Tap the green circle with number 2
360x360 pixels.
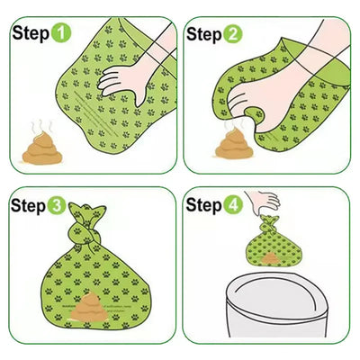(x=232, y=34)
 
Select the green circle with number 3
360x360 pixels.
(x=58, y=206)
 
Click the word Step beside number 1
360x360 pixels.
(x=29, y=34)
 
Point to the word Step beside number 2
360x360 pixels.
(x=203, y=34)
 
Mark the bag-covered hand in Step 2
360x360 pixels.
(x=261, y=99)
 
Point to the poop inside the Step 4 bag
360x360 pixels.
(x=270, y=259)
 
